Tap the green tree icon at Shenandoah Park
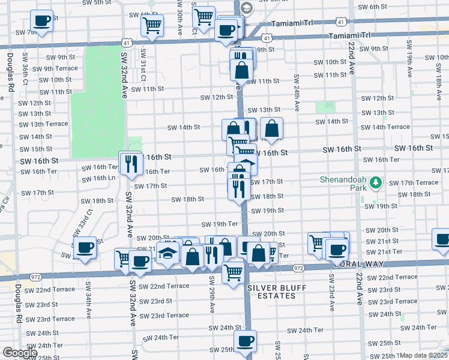(x=376, y=181)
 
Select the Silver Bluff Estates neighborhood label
(x=277, y=292)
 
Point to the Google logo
(x=20, y=353)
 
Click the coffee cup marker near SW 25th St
(x=245, y=341)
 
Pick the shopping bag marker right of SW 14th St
(x=271, y=128)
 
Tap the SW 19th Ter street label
(x=220, y=224)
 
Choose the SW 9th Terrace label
(x=55, y=68)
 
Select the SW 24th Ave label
(x=297, y=93)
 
